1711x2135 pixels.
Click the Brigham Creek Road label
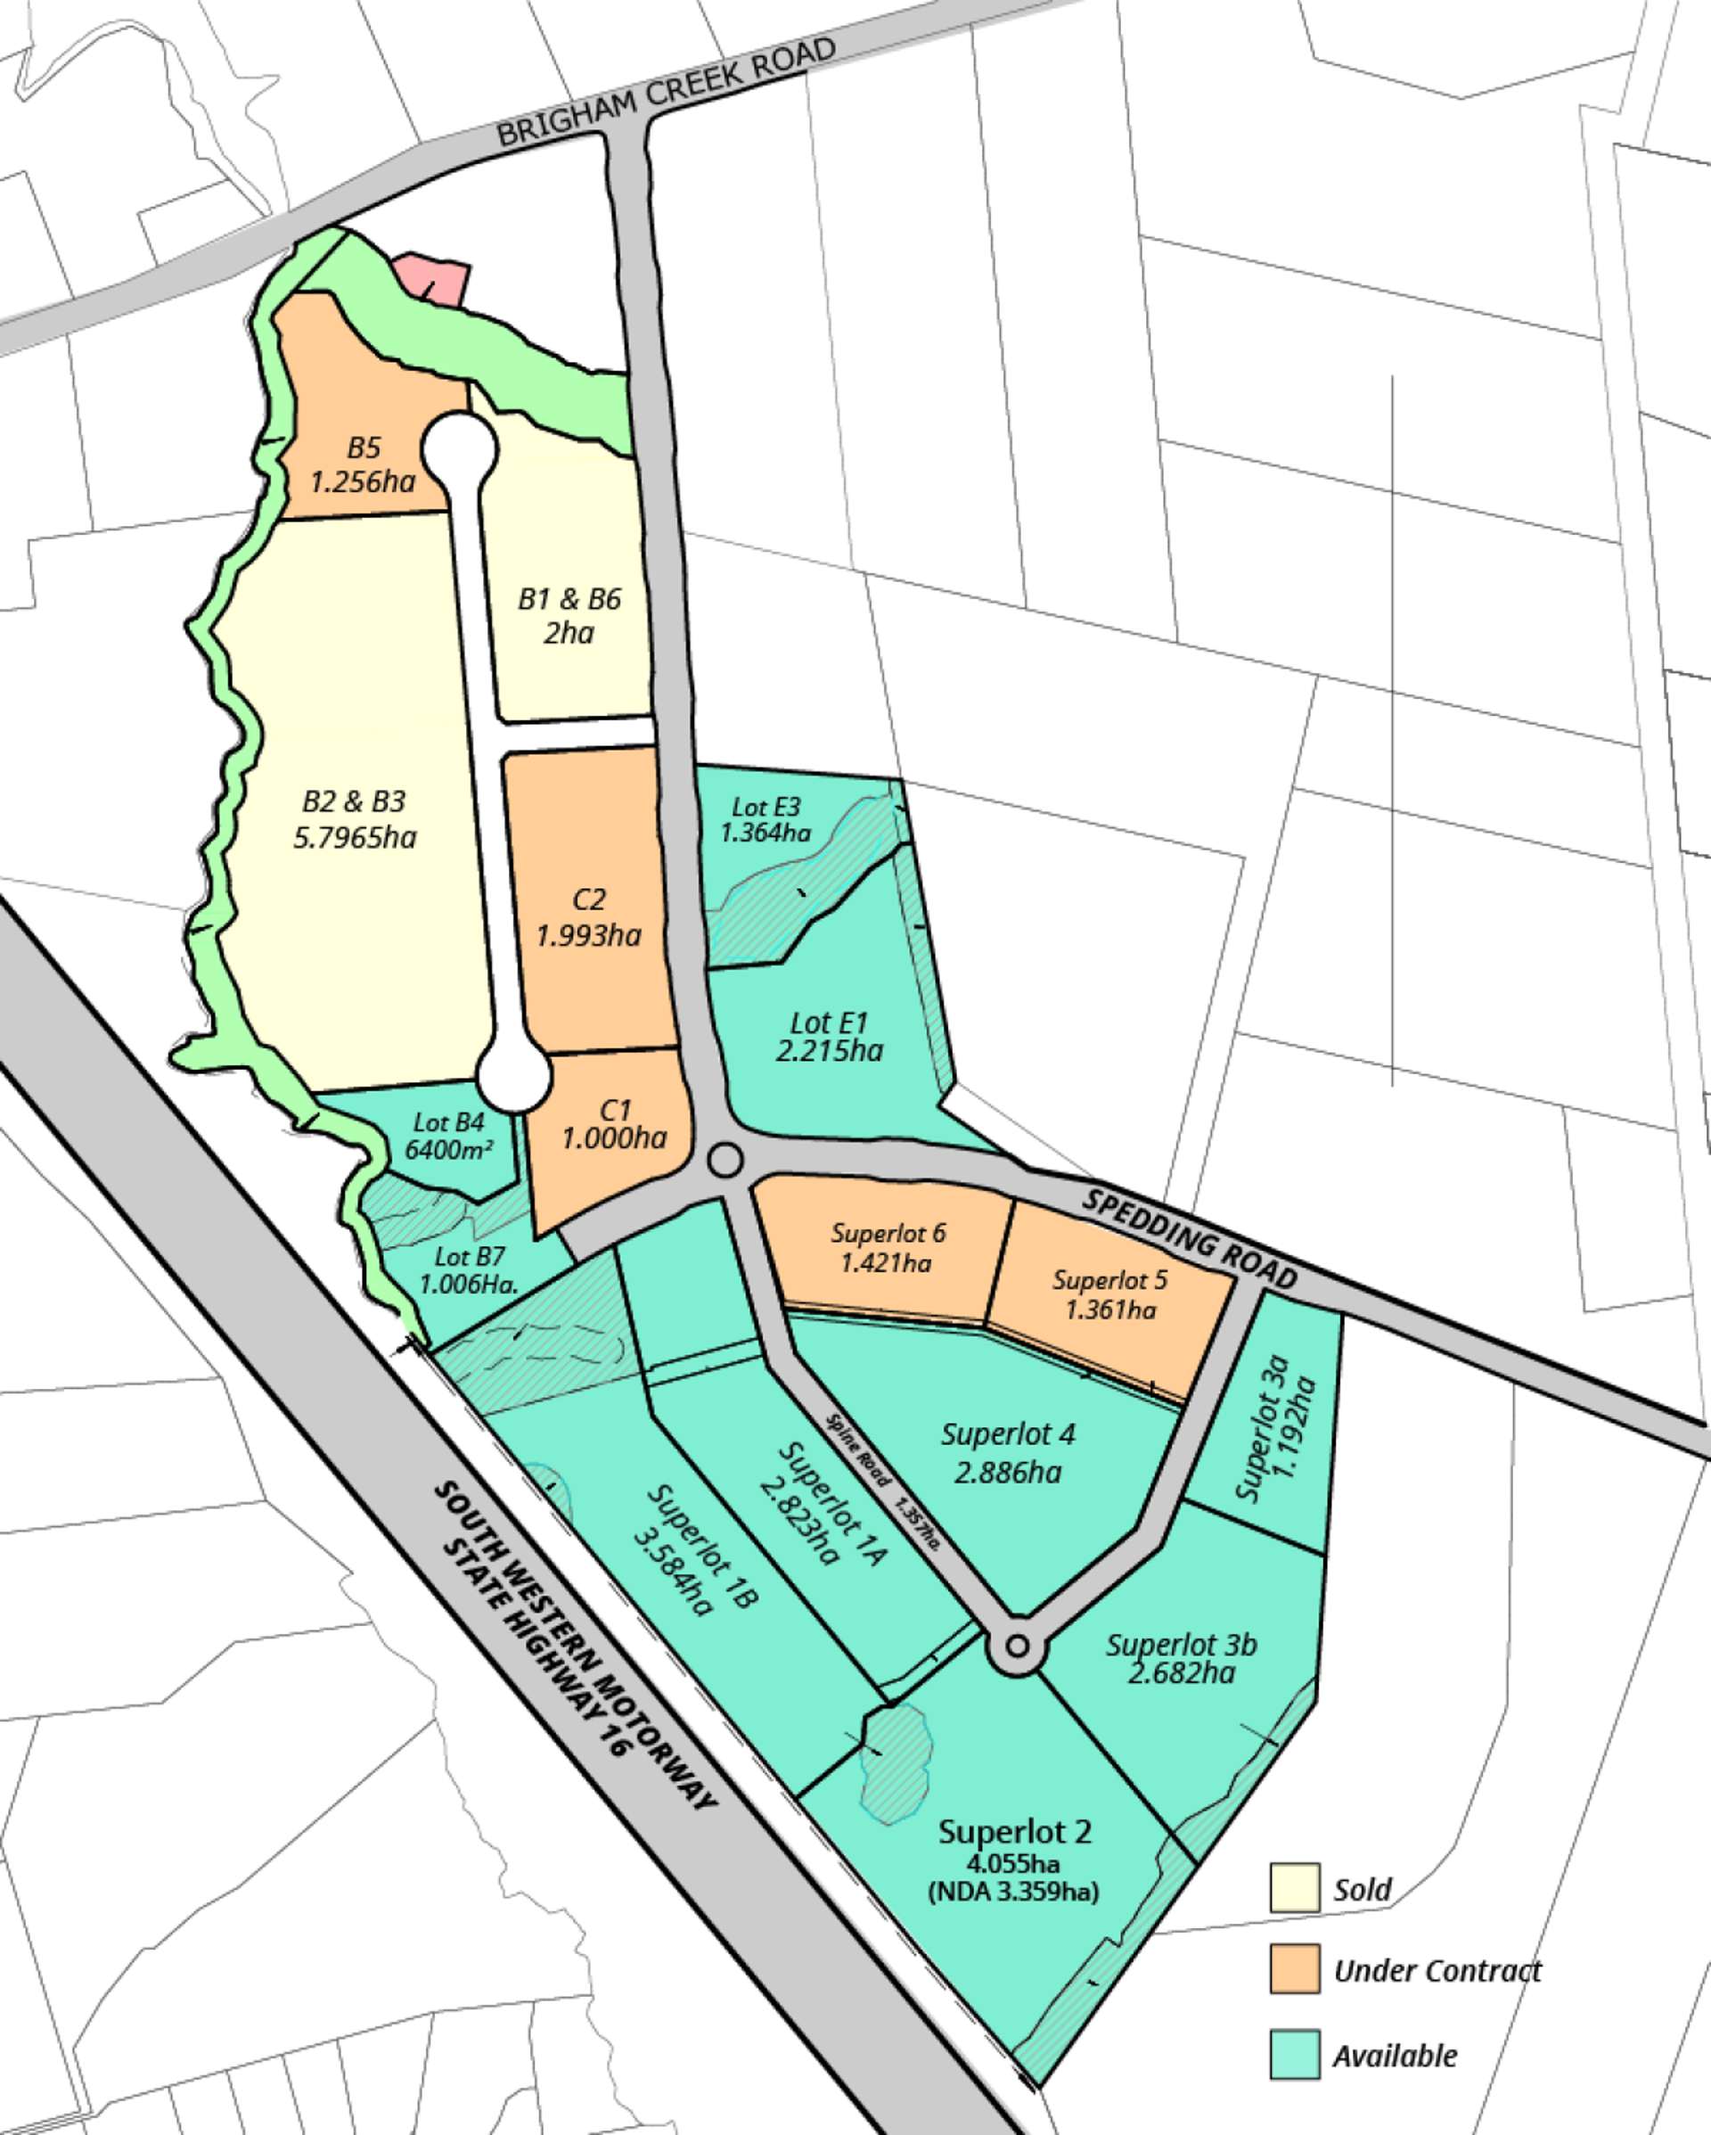pyautogui.click(x=666, y=92)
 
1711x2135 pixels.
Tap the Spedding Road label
pyautogui.click(x=1188, y=1239)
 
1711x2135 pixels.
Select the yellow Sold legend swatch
pyautogui.click(x=1294, y=1888)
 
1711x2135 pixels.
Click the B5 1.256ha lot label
pyautogui.click(x=363, y=464)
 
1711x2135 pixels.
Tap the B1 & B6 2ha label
pyautogui.click(x=569, y=615)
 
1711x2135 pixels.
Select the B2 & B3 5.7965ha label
pyautogui.click(x=355, y=818)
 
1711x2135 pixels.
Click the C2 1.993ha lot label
pyautogui.click(x=588, y=917)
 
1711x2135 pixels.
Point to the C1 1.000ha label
pyautogui.click(x=614, y=1124)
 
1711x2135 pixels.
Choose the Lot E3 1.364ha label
pyautogui.click(x=765, y=820)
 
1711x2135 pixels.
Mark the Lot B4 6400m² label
pyautogui.click(x=448, y=1136)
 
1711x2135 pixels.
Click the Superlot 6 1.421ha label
pyautogui.click(x=888, y=1247)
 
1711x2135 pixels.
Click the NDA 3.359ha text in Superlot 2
pyautogui.click(x=1013, y=1892)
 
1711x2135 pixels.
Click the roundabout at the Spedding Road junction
pyautogui.click(x=725, y=1161)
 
